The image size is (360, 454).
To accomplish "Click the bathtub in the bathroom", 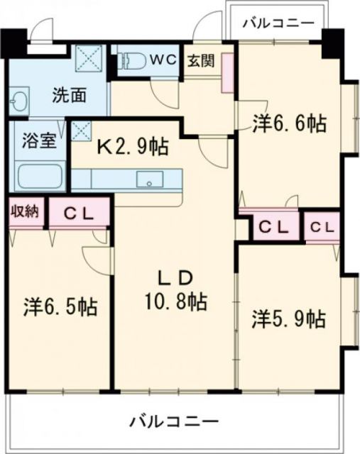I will point(39,175).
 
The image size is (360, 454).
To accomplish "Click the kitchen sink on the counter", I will point(151,179).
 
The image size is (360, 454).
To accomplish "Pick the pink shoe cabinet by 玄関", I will point(228,72).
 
